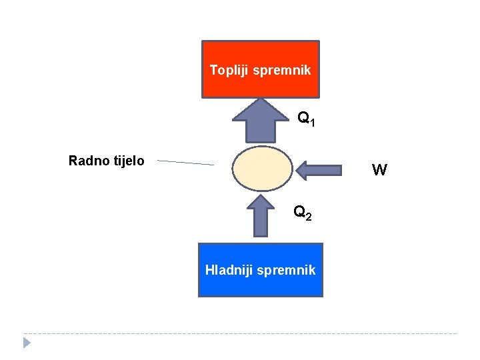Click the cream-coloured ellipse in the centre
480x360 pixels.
point(263,169)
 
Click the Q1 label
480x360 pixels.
point(306,119)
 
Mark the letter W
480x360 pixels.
point(379,171)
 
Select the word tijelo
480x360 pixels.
point(126,161)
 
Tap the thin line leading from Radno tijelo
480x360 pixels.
point(185,162)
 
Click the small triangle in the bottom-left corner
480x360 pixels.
point(27,343)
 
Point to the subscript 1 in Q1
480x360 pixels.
point(312,123)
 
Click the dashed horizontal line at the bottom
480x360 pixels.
point(240,333)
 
